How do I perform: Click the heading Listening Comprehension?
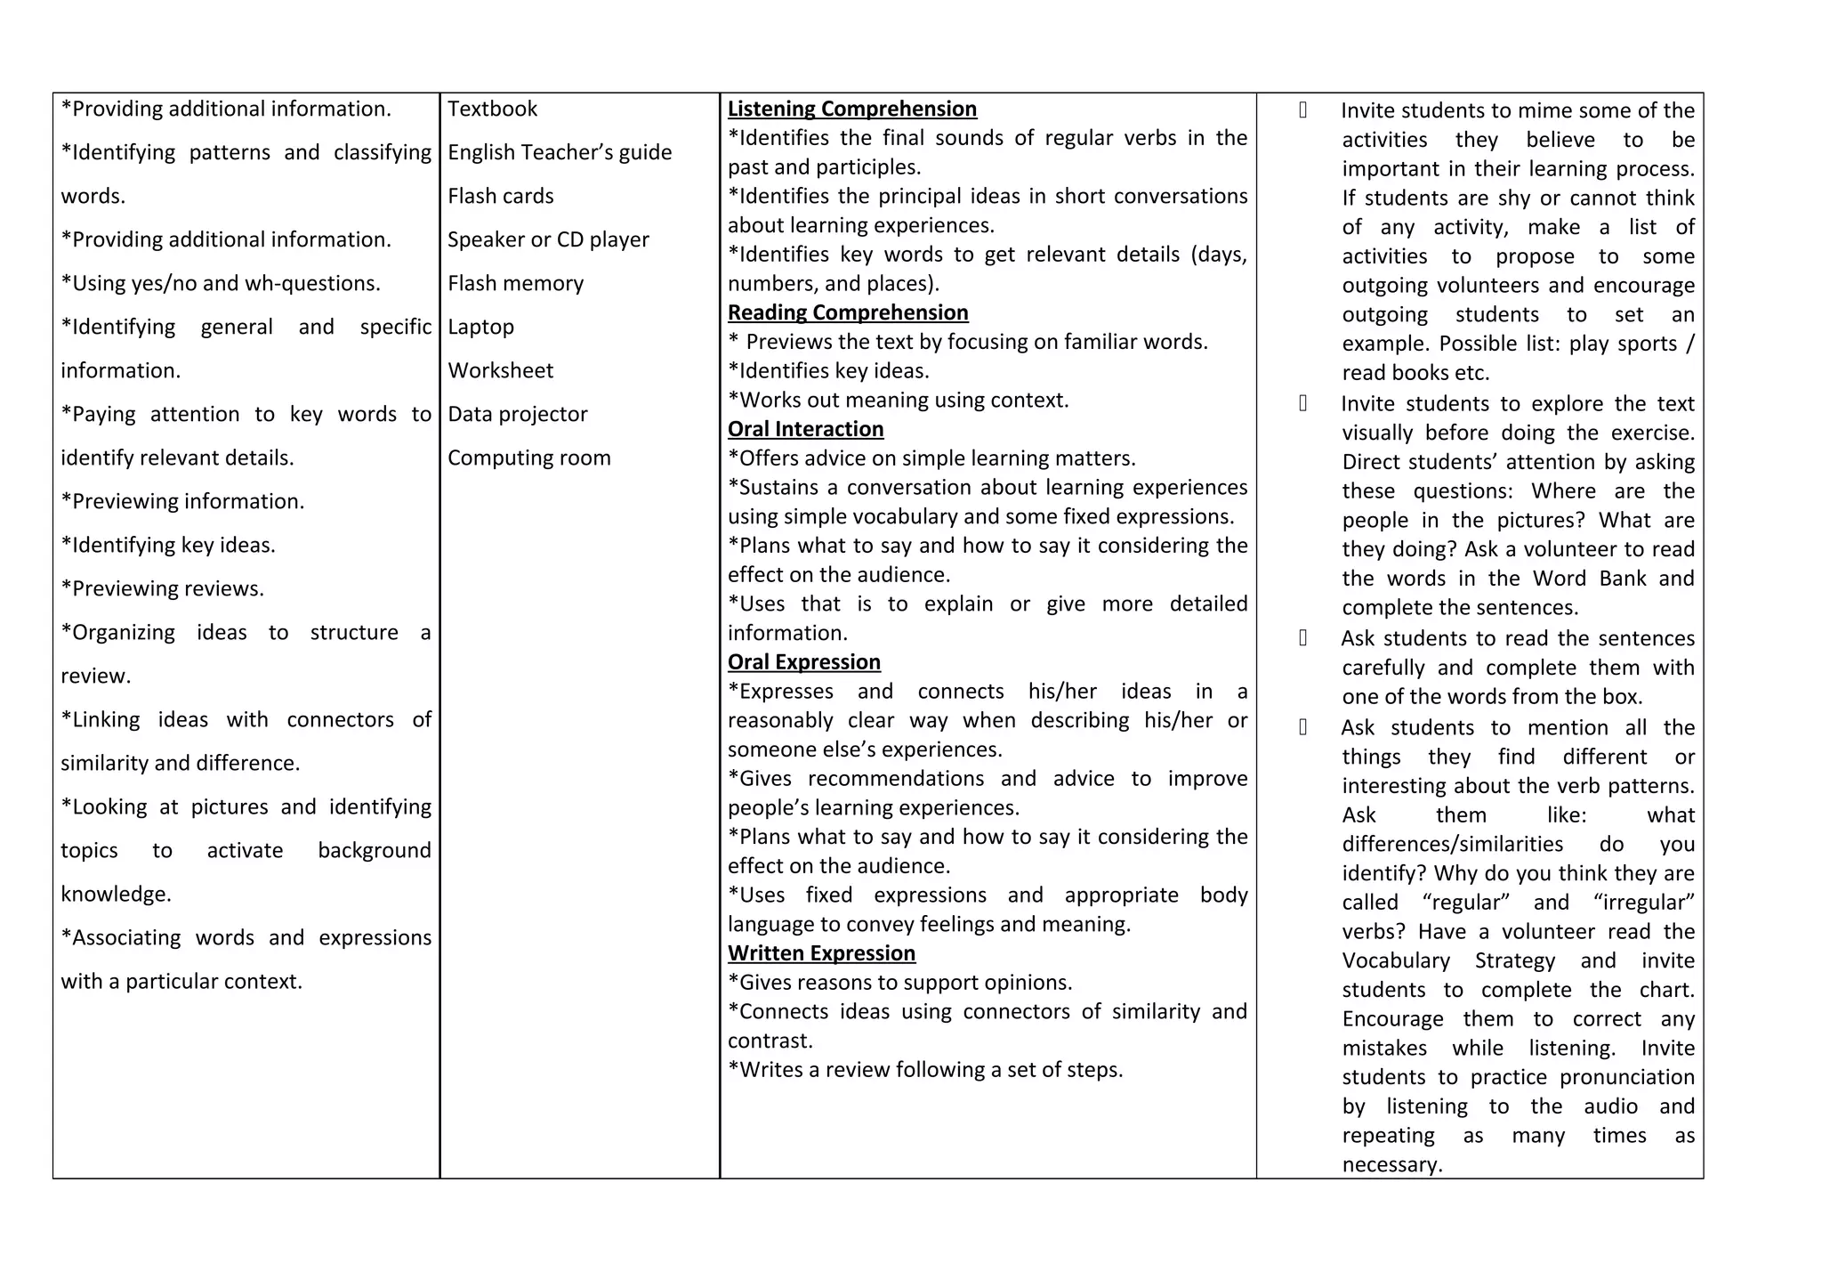[x=851, y=109]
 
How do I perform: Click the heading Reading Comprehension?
[x=847, y=312]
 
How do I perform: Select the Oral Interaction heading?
[x=805, y=429]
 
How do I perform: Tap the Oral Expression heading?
[x=803, y=662]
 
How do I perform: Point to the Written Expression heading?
[x=820, y=953]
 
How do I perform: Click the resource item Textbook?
[x=492, y=109]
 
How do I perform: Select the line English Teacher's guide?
[x=559, y=152]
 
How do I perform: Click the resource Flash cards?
[x=500, y=196]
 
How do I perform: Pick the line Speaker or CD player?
[x=548, y=239]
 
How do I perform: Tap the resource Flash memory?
[x=515, y=283]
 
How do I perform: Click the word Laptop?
[x=480, y=327]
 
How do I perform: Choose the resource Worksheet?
[x=500, y=370]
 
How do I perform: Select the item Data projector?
[x=517, y=414]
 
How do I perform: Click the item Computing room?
[x=528, y=458]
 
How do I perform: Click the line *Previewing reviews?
[x=162, y=588]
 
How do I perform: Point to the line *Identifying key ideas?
[x=168, y=545]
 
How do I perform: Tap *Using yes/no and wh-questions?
[x=220, y=283]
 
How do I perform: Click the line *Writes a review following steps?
[x=924, y=1070]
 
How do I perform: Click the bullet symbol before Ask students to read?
[x=1302, y=638]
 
